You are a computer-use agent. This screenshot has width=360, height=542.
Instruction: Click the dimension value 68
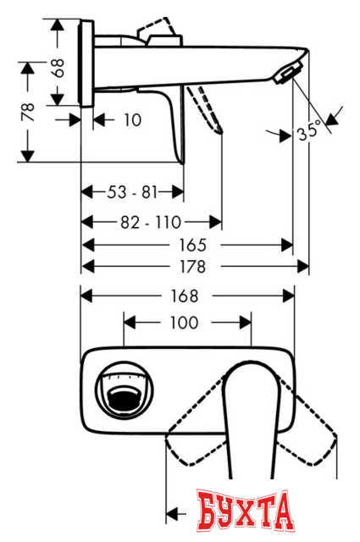tap(58, 68)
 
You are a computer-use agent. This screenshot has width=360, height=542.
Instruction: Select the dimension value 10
tap(131, 120)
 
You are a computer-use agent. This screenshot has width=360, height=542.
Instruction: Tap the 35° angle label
tap(310, 132)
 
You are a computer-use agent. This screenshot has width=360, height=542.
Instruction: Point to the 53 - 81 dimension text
tap(132, 192)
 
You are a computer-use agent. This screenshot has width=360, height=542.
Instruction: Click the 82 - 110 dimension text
tap(151, 223)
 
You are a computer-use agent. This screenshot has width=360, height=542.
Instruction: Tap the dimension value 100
tap(184, 323)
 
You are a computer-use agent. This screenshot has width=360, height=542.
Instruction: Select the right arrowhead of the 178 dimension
tap(303, 266)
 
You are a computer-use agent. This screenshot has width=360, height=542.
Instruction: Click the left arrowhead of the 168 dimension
tap(86, 296)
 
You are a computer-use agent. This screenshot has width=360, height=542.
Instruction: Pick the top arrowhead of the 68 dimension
tap(58, 25)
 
